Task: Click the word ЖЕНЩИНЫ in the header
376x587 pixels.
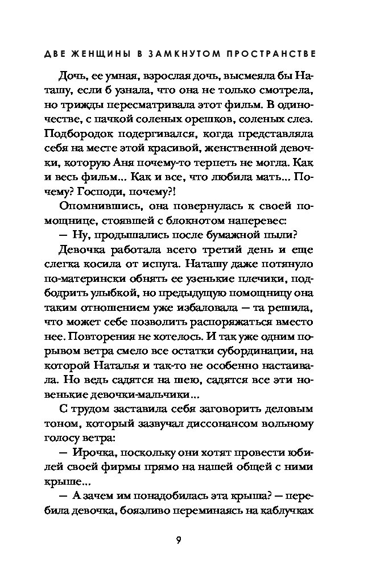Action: (106, 55)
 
